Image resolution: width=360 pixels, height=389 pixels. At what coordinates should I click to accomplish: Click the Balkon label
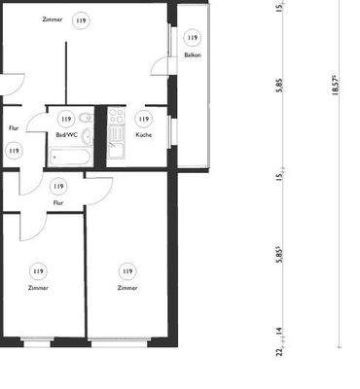pos(192,55)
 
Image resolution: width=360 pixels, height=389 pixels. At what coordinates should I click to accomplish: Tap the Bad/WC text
pos(67,134)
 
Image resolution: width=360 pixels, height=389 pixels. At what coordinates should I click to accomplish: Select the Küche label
pos(143,134)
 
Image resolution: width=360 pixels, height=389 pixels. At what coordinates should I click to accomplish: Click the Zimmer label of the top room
pos(54,19)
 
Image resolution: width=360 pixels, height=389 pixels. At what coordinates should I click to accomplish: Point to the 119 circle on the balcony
pos(192,38)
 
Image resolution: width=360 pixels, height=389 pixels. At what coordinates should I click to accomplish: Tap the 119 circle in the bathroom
pos(66,118)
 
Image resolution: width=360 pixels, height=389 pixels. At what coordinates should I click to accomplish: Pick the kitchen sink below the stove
pos(117,147)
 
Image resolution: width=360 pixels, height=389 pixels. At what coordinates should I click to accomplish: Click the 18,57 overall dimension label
pos(336,86)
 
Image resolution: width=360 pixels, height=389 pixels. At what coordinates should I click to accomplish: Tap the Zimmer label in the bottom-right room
pos(126,288)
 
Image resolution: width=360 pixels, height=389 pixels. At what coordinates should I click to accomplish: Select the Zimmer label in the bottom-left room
pos(39,288)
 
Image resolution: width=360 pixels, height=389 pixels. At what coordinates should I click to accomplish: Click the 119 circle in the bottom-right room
pos(126,270)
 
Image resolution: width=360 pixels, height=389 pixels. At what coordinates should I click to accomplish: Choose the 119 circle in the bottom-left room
pos(39,270)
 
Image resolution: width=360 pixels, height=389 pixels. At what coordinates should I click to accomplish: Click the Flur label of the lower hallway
pos(58,203)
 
